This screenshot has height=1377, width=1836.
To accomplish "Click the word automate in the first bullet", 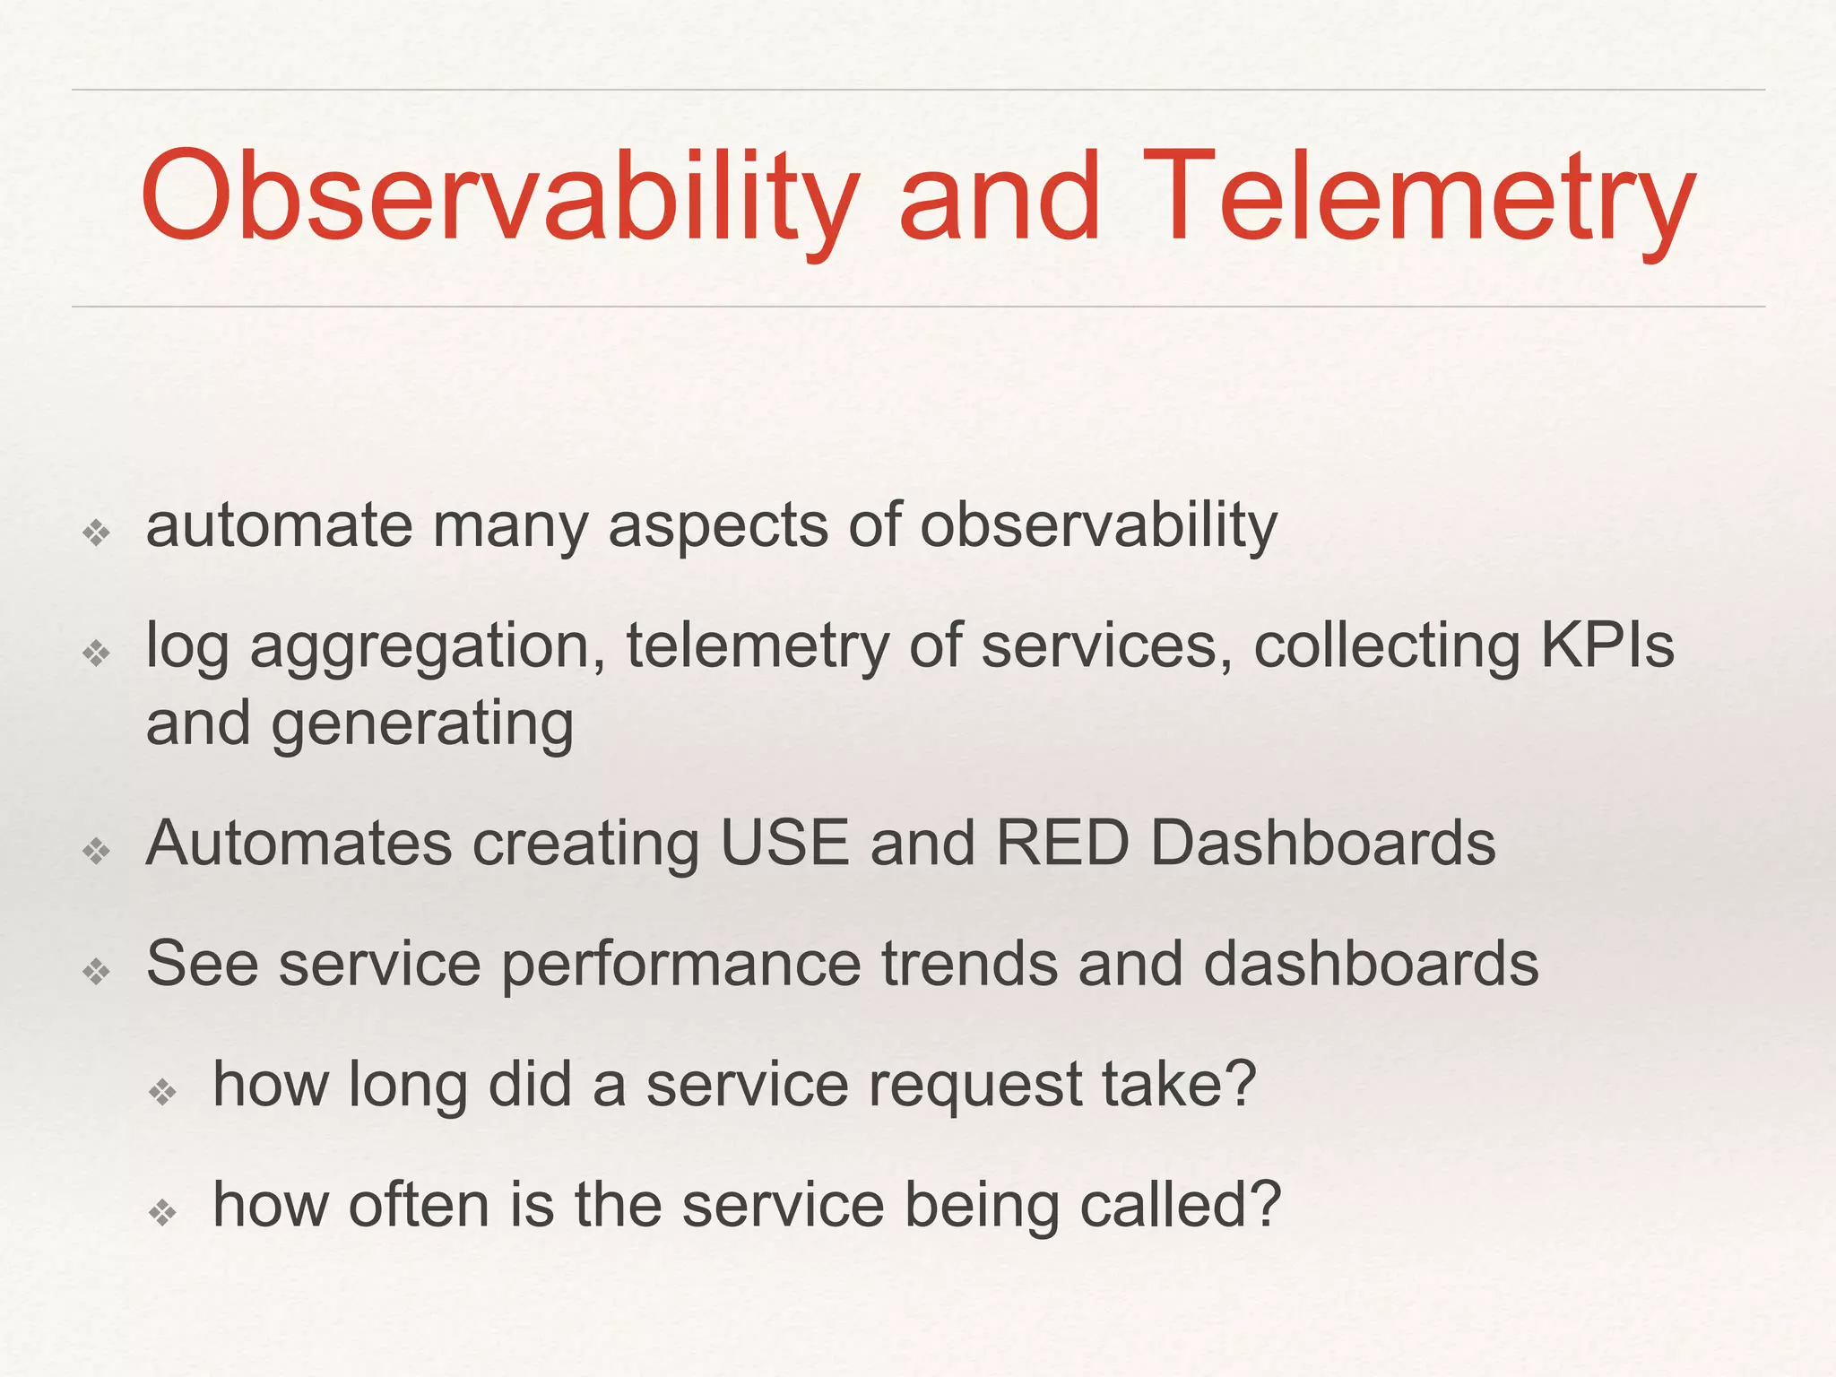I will (279, 526).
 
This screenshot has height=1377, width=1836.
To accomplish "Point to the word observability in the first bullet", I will (1098, 526).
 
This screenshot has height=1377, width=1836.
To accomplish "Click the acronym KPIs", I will (1606, 645).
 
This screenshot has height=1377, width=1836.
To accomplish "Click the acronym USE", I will (784, 844).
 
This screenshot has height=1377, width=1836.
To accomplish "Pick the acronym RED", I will (1061, 844).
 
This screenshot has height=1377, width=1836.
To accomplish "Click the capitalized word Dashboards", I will (1322, 844).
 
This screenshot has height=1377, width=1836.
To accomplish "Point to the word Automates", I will (299, 844).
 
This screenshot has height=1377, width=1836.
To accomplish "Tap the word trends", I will (969, 964).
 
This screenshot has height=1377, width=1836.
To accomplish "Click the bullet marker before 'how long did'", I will (162, 1092).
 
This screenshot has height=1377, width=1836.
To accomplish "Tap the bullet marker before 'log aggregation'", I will (96, 653).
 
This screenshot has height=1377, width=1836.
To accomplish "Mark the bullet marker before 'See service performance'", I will (96, 971).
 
